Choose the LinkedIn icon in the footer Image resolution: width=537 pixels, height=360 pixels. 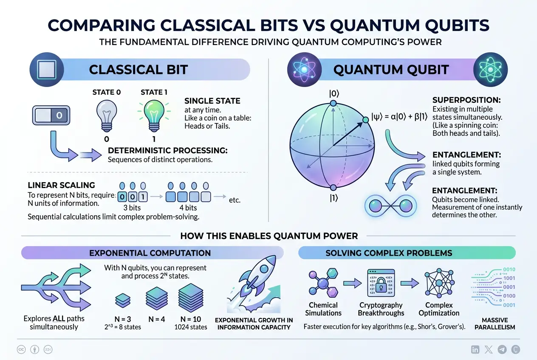click(476, 349)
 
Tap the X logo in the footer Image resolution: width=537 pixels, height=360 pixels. click(489, 349)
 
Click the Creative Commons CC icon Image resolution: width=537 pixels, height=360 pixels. click(21, 349)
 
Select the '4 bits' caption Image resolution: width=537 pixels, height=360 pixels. click(188, 208)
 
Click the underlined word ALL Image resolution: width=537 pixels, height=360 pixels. click(59, 318)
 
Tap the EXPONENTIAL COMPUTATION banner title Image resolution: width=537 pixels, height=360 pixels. click(150, 253)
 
